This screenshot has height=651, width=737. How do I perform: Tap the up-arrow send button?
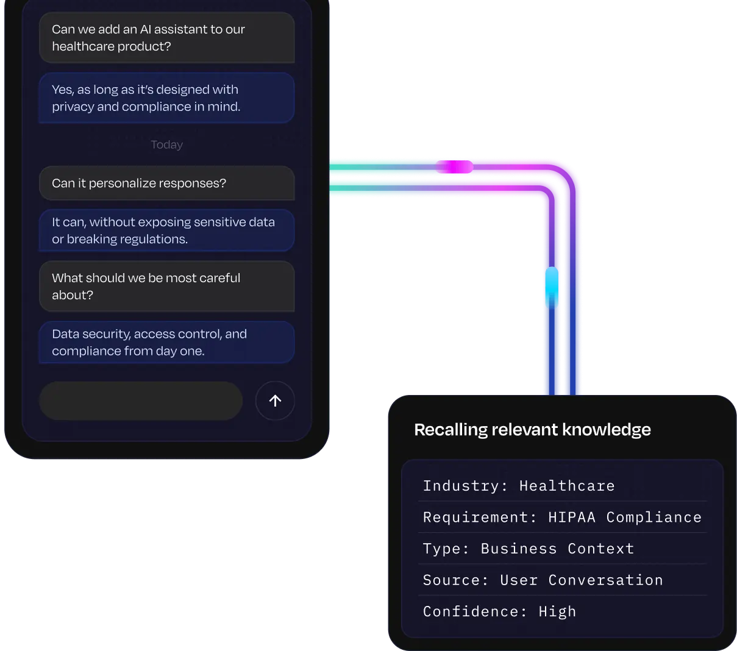(x=275, y=400)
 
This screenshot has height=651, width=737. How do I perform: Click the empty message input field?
(x=141, y=400)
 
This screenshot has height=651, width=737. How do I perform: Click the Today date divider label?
(x=166, y=144)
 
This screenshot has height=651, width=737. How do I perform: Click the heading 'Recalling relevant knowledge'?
(x=532, y=430)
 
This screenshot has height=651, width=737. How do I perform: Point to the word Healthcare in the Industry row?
(x=567, y=486)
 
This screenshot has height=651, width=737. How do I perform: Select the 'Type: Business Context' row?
(x=529, y=549)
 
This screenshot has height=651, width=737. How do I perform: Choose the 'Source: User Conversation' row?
(x=543, y=580)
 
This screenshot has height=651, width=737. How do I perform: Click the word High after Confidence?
(x=557, y=611)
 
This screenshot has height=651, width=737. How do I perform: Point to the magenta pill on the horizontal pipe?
(x=455, y=166)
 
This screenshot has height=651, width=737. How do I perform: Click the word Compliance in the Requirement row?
(x=653, y=518)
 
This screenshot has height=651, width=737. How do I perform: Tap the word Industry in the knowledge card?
(x=461, y=486)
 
